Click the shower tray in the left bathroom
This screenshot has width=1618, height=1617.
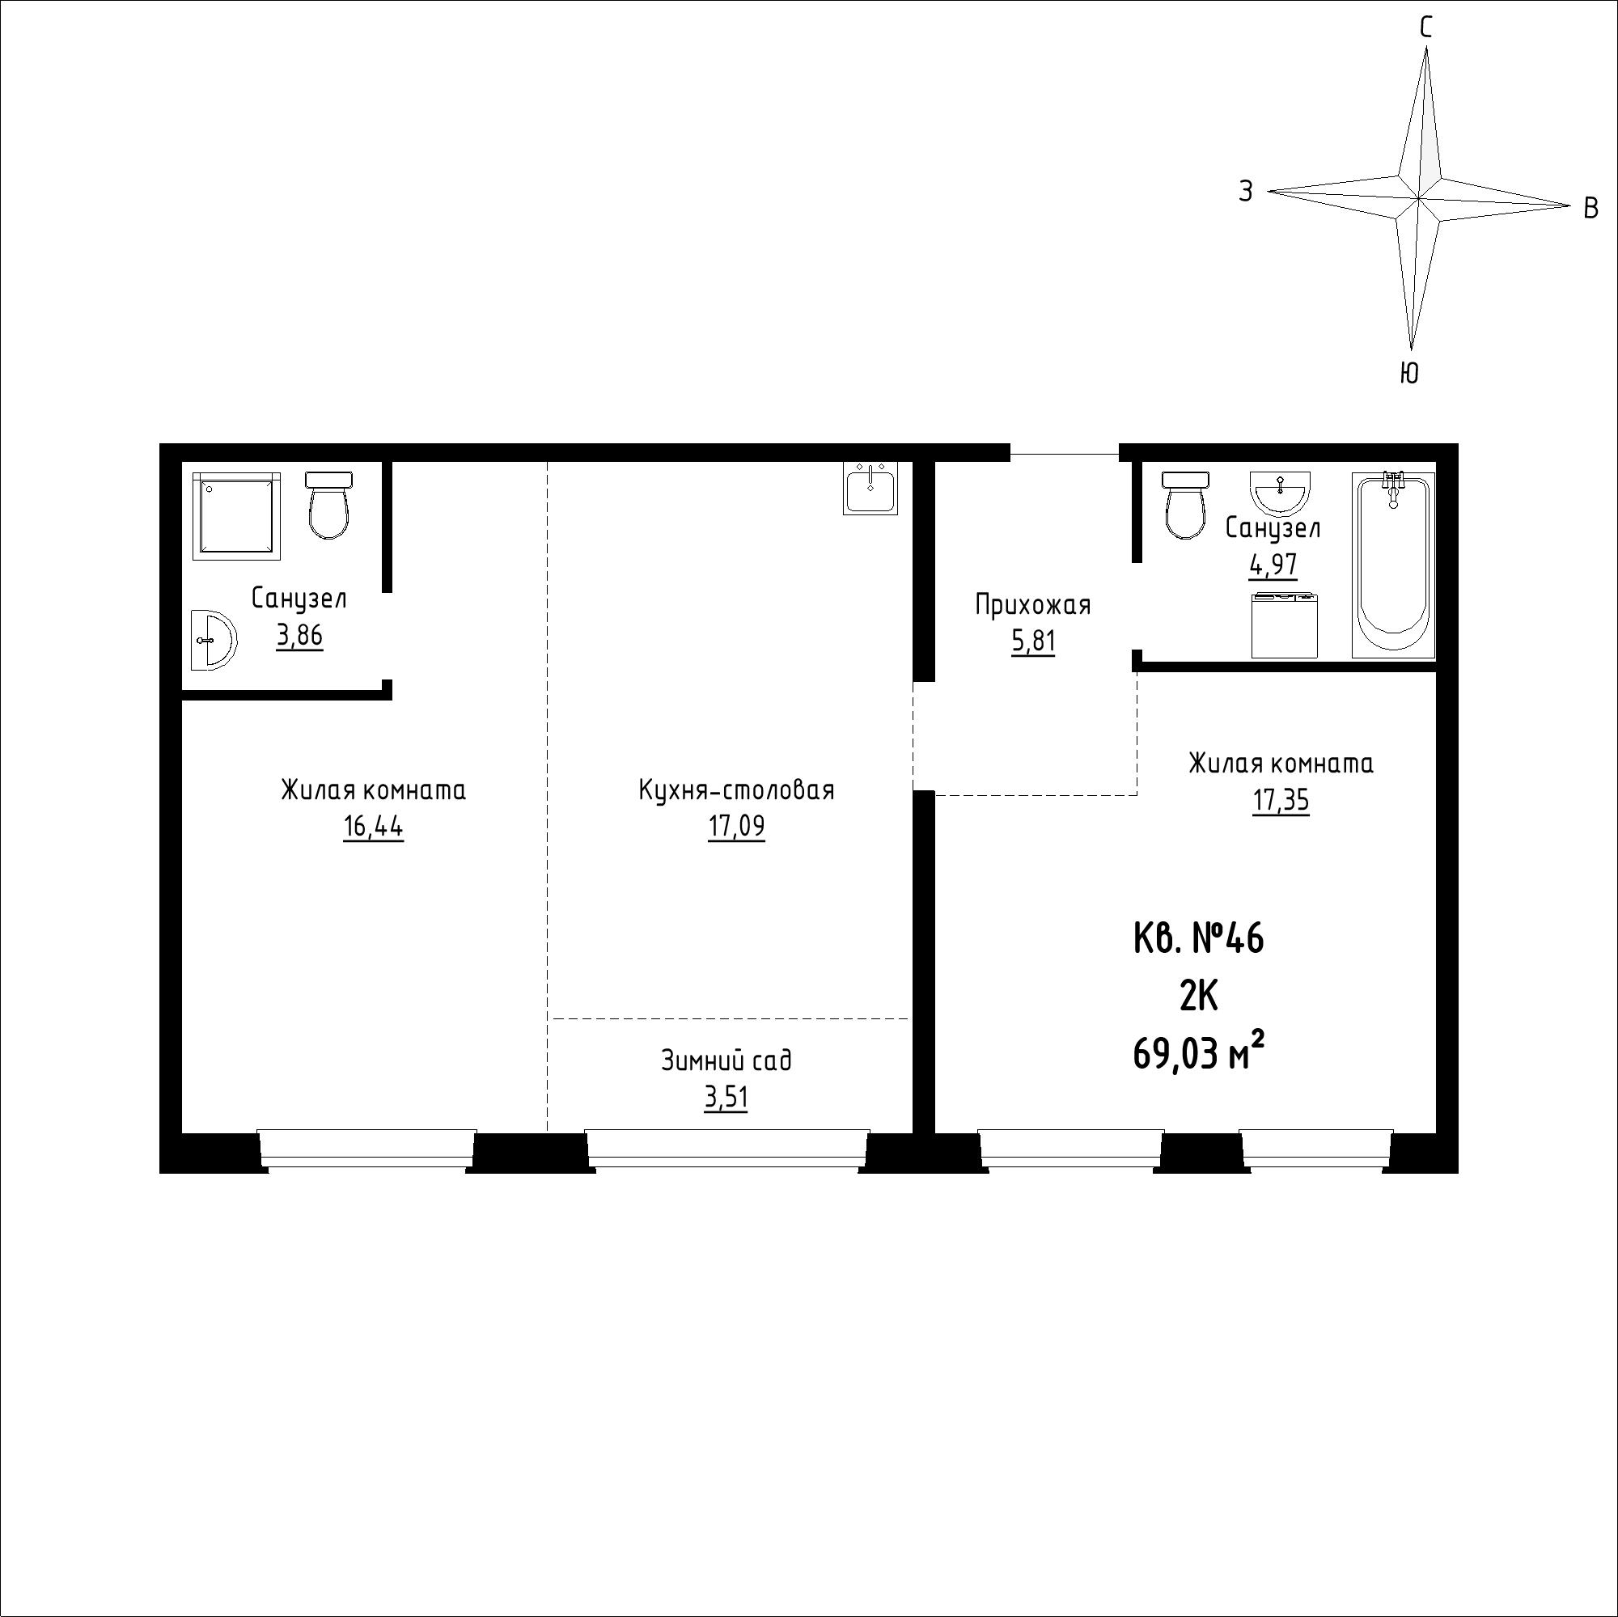tap(236, 515)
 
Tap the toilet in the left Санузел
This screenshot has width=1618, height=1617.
tap(328, 505)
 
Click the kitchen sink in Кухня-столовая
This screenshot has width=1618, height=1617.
tap(870, 489)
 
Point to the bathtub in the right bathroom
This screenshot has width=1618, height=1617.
tap(1394, 565)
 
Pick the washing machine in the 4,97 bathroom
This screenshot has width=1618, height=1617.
tap(1285, 624)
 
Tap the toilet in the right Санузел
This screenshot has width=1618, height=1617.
tap(1185, 505)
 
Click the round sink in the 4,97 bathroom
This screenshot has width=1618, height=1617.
tap(1280, 493)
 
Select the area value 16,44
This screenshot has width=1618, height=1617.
tap(373, 828)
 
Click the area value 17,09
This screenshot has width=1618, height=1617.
tap(736, 828)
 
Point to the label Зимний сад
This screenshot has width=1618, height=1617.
tap(726, 1061)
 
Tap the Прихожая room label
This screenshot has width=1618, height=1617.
tap(1032, 604)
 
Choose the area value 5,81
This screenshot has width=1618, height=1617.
tap(1033, 642)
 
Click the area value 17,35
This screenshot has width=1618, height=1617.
tap(1281, 802)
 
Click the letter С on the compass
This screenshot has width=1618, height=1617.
tap(1425, 28)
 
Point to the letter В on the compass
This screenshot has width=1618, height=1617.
tap(1591, 208)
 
